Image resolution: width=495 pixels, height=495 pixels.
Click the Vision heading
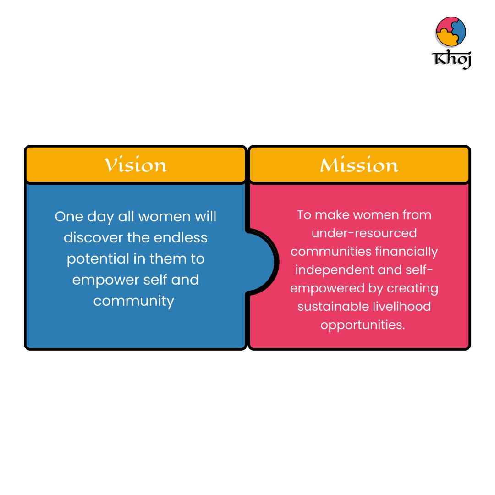135,165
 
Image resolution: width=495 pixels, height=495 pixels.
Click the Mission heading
359,165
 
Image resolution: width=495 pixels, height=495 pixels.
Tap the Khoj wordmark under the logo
451,59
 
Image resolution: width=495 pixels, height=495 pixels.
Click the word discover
93,238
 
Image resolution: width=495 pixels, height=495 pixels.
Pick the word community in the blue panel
133,302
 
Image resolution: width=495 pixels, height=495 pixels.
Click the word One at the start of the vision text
69,217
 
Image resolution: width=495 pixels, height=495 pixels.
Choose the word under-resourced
364,233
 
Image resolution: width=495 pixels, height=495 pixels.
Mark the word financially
407,252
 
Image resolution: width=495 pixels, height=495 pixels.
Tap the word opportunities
363,325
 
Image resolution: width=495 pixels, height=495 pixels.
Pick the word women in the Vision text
164,217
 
